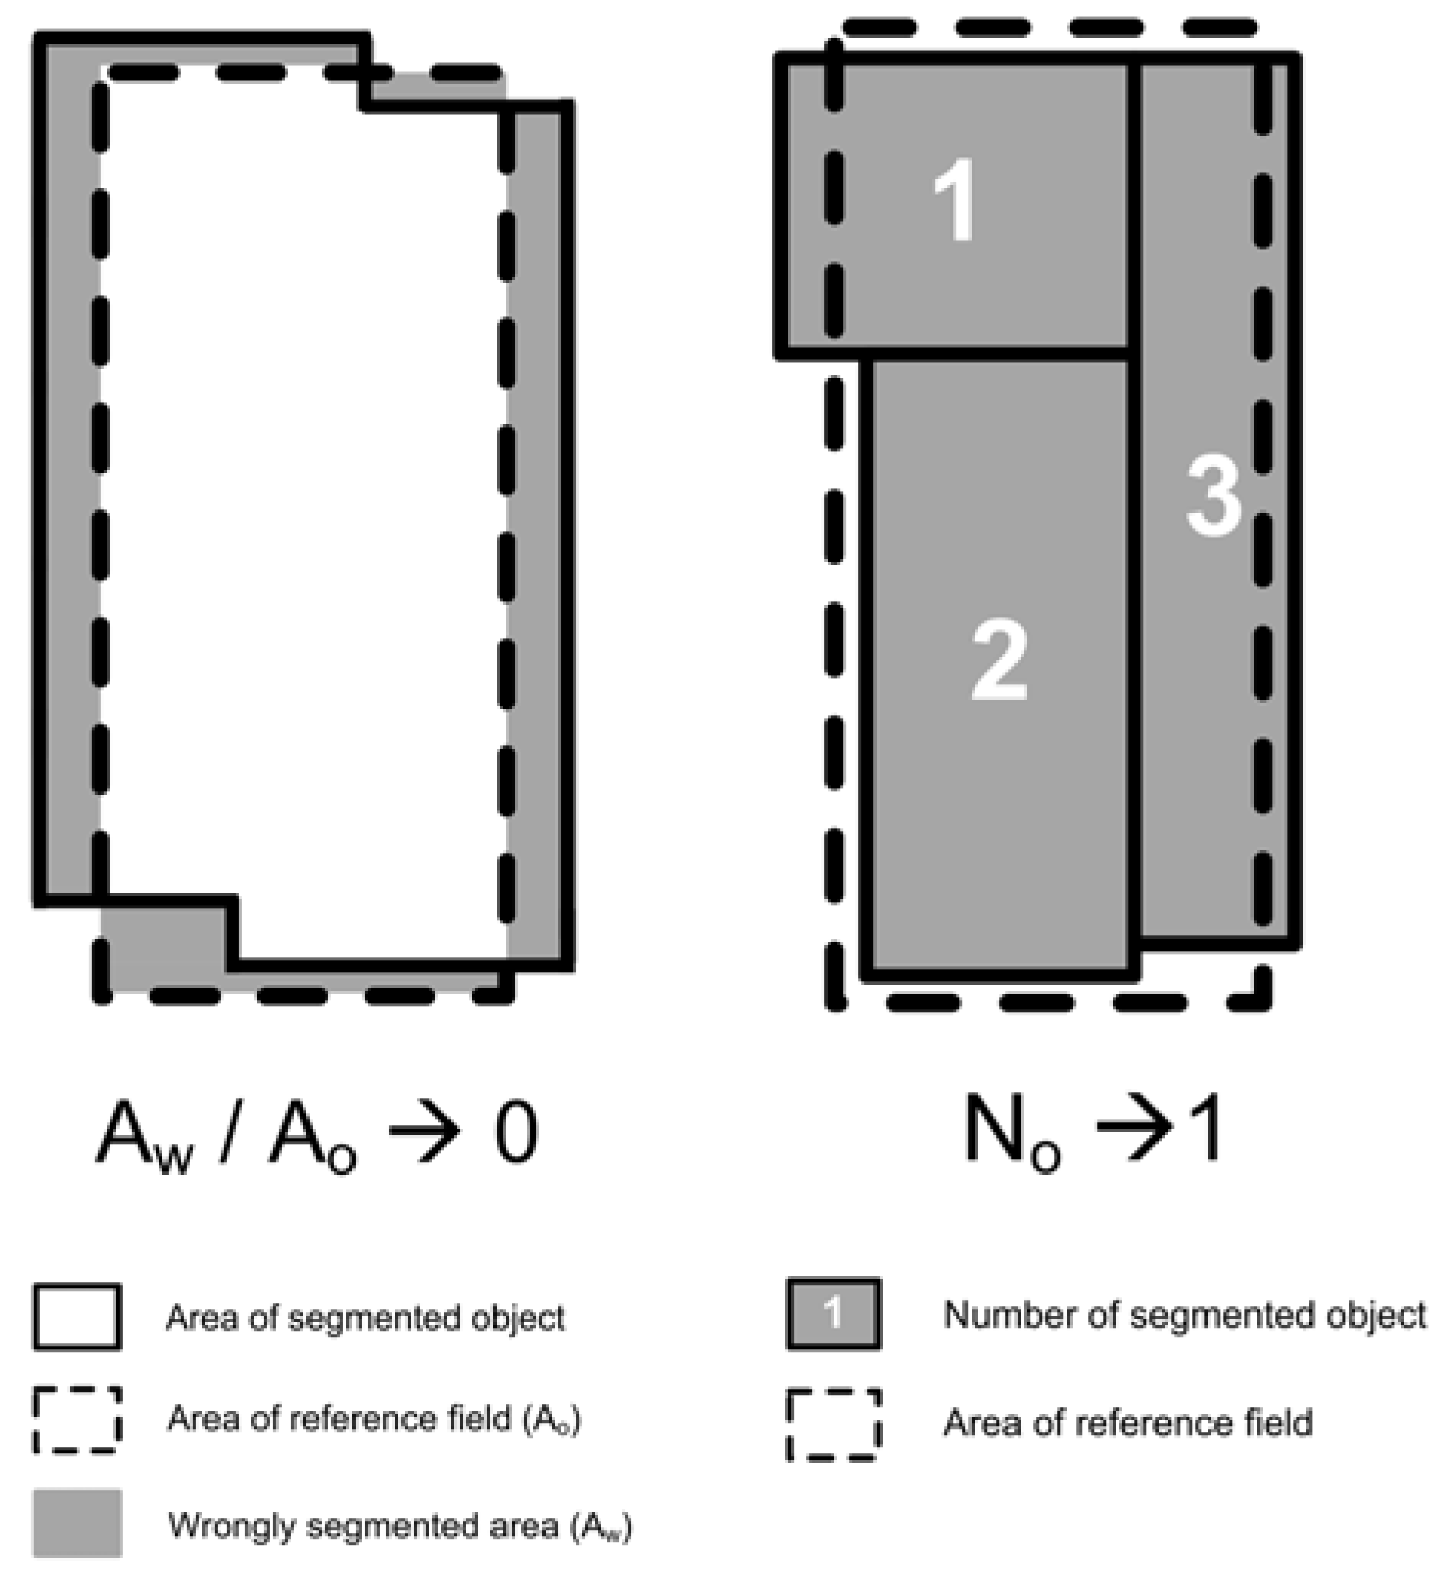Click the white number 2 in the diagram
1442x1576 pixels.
(x=998, y=659)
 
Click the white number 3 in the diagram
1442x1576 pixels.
(x=1213, y=496)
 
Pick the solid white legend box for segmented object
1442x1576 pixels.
(x=77, y=1316)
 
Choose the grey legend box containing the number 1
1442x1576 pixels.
(x=834, y=1314)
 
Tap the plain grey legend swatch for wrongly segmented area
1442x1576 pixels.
(x=77, y=1523)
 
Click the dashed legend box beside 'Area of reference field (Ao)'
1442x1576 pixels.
(x=77, y=1420)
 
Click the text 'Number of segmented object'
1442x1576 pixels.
(x=1184, y=1316)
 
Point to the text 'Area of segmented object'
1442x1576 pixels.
(x=365, y=1318)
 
